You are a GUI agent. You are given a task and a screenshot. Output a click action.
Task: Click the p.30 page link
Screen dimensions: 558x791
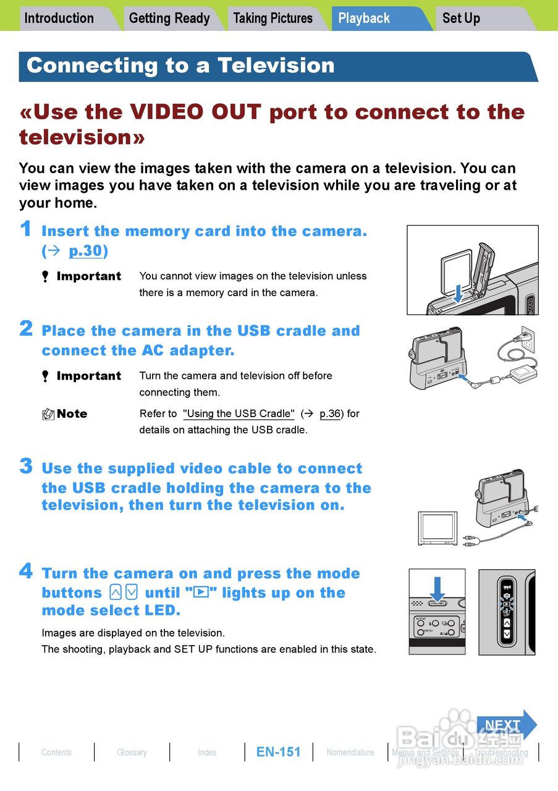[x=85, y=251]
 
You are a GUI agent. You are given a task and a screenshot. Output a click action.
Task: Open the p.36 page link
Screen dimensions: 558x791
[x=330, y=413]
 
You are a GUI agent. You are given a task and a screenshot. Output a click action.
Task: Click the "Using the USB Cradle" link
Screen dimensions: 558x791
[x=239, y=413]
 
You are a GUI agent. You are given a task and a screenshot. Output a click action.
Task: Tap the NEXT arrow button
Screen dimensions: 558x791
[x=507, y=725]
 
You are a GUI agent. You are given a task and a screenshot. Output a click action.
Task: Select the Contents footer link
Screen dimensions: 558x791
[x=56, y=752]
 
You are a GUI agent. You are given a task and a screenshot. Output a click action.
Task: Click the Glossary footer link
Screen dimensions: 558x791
[x=132, y=752]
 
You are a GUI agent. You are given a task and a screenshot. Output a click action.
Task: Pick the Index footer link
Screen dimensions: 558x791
[x=207, y=752]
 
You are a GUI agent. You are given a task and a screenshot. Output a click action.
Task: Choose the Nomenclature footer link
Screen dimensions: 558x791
[x=350, y=752]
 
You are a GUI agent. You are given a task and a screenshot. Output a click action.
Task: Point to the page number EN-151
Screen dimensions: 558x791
[x=278, y=752]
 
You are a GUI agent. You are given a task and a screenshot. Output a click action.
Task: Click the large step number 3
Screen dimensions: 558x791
[x=26, y=466]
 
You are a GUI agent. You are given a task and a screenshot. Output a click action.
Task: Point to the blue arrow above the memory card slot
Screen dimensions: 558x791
[x=458, y=294]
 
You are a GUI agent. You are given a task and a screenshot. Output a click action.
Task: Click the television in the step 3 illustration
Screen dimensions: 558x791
[x=438, y=528]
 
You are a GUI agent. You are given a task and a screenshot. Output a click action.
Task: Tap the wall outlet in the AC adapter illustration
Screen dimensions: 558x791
[x=528, y=339]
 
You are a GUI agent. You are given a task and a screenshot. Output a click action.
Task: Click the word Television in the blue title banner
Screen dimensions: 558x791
[x=276, y=66]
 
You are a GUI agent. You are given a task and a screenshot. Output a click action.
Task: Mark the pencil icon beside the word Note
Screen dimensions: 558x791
[x=48, y=414]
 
